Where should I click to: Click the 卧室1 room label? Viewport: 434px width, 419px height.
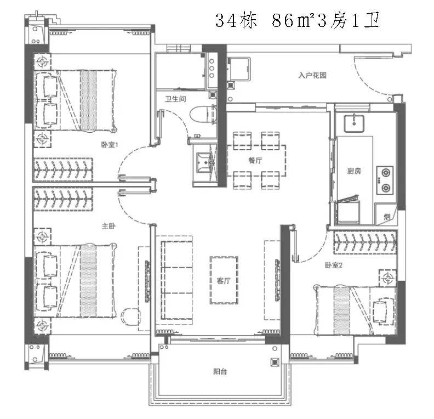coord(110,145)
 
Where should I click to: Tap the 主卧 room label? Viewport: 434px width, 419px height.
coord(107,225)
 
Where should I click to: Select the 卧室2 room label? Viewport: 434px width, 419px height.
coord(333,265)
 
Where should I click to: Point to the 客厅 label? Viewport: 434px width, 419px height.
coord(222,281)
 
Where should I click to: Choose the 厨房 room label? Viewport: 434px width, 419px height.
coord(355,171)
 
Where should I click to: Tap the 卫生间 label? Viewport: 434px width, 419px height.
coord(176,100)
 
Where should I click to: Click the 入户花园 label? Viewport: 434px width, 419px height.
coord(312,76)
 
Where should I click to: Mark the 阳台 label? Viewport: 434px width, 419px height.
coord(220,372)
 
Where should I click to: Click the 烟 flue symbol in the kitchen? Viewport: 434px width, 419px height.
coord(387,216)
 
